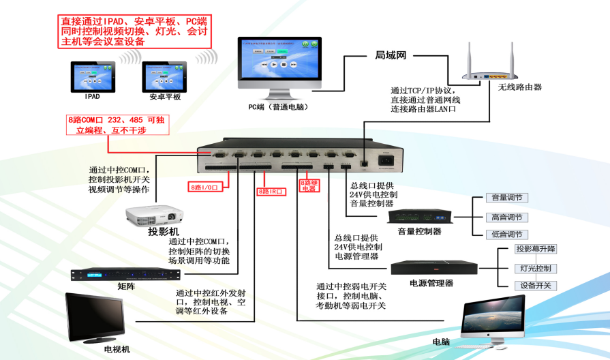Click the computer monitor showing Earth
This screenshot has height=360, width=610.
pos(492,320)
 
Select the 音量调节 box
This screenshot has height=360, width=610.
pos(506,198)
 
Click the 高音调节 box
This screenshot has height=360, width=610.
pos(506,217)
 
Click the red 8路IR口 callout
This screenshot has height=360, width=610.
pos(271,192)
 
